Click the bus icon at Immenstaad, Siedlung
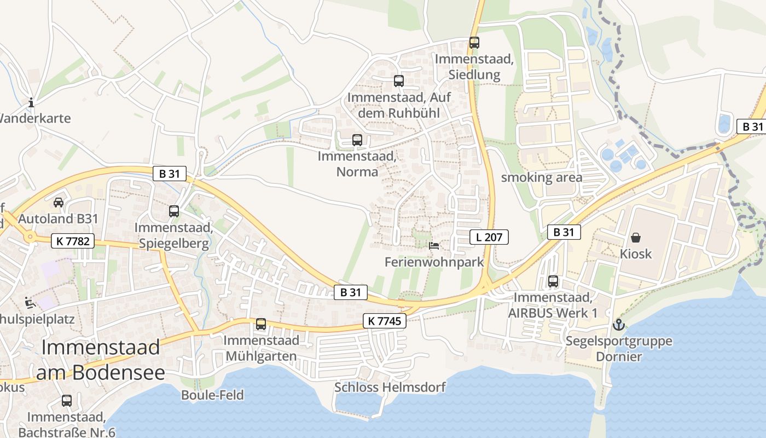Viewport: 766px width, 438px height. pos(474,42)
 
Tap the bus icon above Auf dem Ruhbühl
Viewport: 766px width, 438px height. pos(399,81)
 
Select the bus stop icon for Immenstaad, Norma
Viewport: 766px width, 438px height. pos(357,140)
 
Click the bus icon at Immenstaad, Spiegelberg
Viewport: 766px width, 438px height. pos(174,211)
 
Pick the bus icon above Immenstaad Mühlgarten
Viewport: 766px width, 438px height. pos(261,324)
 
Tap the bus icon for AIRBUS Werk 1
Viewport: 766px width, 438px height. pos(553,281)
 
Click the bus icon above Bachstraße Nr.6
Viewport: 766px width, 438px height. pos(66,400)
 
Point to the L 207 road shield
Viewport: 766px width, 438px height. pos(489,237)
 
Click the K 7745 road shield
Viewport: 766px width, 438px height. pos(385,321)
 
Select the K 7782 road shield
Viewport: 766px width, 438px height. pos(73,240)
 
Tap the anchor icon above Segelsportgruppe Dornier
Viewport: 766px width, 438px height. pos(618,325)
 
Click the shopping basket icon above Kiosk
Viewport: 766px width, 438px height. pos(636,238)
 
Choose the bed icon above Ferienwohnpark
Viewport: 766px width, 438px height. pos(434,245)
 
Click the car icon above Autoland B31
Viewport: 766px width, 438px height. pos(59,202)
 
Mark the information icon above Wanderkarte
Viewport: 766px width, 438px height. pos(31,102)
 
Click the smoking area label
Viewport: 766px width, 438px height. pos(542,177)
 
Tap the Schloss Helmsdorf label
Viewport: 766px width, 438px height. pos(390,388)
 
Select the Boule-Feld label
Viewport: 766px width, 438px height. pos(212,395)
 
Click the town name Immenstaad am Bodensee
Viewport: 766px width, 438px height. pos(101,360)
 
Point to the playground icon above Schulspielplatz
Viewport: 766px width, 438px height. pos(29,302)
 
